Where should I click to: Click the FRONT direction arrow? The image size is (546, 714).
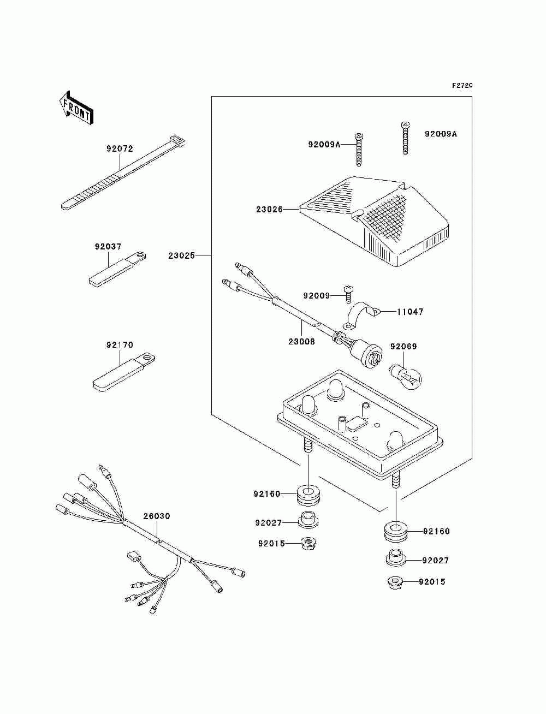pos(76,108)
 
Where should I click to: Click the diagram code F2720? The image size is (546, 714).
pos(462,86)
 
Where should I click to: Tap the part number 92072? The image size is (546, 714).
pos(120,148)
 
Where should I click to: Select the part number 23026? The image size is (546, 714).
pos(269,210)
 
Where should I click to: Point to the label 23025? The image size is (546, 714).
pos(182,256)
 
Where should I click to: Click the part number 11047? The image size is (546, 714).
pos(410,312)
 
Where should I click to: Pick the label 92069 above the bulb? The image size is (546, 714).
pos(403,347)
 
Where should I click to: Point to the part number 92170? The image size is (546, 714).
pos(120,345)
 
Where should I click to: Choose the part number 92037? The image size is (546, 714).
pos(108,247)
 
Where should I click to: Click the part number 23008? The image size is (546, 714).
pos(301,342)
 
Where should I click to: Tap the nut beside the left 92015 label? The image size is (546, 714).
pos(308,543)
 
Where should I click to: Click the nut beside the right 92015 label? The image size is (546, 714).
pos(395,582)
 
